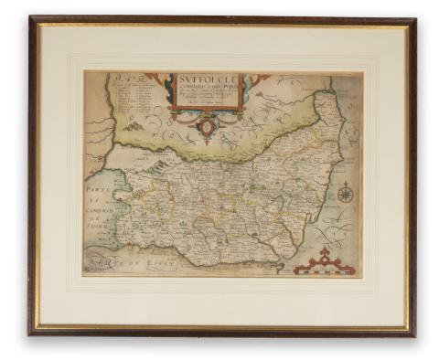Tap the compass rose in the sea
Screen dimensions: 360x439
click(x=345, y=193)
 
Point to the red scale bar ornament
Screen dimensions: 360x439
click(x=322, y=263)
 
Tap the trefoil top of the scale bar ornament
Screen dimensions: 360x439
click(x=323, y=252)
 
